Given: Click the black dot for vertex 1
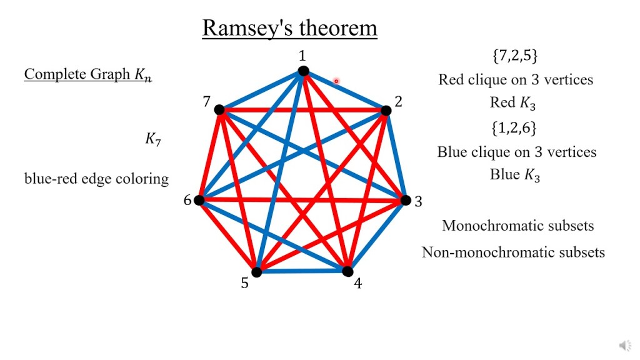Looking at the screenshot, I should point(303,71).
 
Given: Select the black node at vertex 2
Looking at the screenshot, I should point(386,111).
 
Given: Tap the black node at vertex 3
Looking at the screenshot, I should point(405,200).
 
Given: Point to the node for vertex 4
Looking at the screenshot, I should point(347,271).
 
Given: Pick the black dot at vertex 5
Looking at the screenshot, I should point(256,272).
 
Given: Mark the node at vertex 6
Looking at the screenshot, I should point(199,200).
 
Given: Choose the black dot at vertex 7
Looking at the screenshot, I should point(219,110).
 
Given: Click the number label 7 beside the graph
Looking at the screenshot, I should point(206,101).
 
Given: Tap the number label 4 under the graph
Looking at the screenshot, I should point(358,284).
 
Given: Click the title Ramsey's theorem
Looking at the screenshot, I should point(289,28).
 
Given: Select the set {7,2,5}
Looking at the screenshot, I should point(515,56).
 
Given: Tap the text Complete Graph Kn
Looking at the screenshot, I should point(87,74).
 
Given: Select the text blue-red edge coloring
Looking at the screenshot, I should point(96,179).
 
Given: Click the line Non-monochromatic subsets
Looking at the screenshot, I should point(513,252).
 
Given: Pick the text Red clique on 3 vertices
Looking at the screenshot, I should point(516,79).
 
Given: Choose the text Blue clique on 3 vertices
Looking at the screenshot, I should point(516,152).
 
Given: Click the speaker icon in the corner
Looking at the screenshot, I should point(624,345).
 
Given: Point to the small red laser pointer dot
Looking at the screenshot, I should point(336,81).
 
